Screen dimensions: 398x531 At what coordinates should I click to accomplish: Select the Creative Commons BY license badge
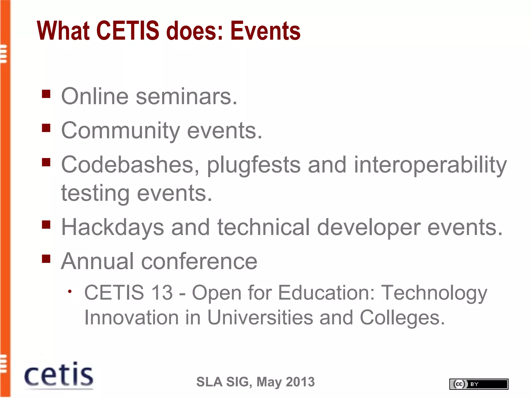coord(479,384)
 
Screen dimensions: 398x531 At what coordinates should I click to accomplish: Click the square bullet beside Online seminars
coord(46,94)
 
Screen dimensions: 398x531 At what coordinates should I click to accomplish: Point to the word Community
coord(120,131)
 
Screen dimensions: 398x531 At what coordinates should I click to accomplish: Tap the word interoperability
coord(430,165)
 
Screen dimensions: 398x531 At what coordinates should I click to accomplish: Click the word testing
coord(95,194)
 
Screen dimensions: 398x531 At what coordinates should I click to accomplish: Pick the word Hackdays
coord(113,228)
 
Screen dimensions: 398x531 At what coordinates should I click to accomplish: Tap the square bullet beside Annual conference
coord(46,259)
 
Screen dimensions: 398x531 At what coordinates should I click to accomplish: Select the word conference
coord(199,261)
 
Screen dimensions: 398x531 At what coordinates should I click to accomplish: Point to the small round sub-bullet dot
coord(69,292)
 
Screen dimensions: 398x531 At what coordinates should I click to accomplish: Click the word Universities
coord(260,318)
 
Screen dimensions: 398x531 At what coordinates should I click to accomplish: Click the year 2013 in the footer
coord(300,382)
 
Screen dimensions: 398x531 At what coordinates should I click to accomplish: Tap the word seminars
coord(186,97)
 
